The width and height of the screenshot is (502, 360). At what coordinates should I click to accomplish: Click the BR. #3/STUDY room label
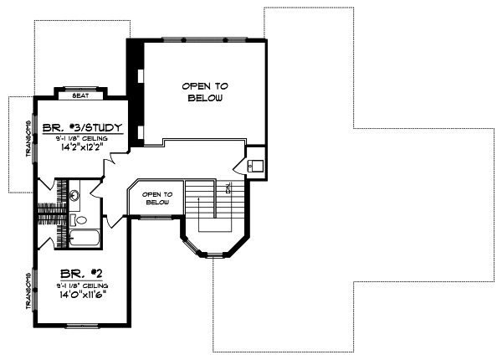(83, 128)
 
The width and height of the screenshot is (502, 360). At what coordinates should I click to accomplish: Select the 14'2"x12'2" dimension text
(83, 152)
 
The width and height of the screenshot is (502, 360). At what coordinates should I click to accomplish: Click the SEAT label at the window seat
(81, 95)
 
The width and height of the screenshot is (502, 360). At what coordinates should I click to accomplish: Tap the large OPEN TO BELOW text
(205, 92)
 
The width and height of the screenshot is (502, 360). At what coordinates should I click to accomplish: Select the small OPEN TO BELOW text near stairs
(157, 198)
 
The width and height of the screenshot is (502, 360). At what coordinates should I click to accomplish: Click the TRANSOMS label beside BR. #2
(27, 290)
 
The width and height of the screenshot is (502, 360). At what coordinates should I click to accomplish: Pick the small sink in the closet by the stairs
(256, 164)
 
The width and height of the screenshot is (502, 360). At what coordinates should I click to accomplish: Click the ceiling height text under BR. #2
(82, 285)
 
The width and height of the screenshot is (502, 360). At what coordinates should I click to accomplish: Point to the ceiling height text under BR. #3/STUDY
(83, 140)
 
